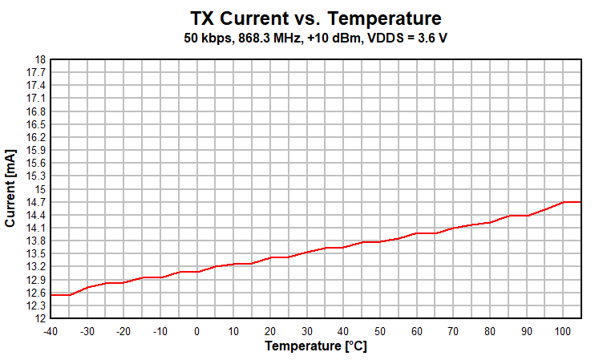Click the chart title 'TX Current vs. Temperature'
(316, 18)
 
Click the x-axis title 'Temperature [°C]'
(315, 346)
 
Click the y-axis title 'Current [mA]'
(10, 188)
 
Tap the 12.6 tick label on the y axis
(36, 293)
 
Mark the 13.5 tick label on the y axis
(36, 254)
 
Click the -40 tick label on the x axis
(51, 331)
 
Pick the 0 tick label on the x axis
(197, 331)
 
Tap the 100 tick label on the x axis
(563, 331)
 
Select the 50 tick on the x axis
(380, 331)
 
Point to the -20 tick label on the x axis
(123, 331)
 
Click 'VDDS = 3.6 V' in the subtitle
(407, 38)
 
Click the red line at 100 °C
(563, 202)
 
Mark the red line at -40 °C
(51, 295)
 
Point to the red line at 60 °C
(417, 233)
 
